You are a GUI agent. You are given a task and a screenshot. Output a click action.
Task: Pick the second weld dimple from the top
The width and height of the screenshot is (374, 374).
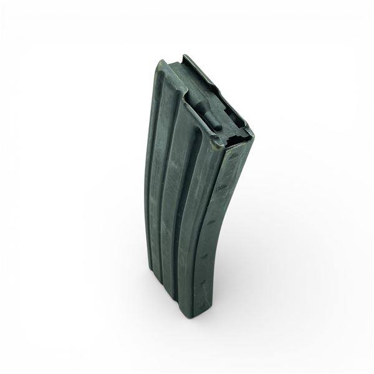click(x=219, y=187)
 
